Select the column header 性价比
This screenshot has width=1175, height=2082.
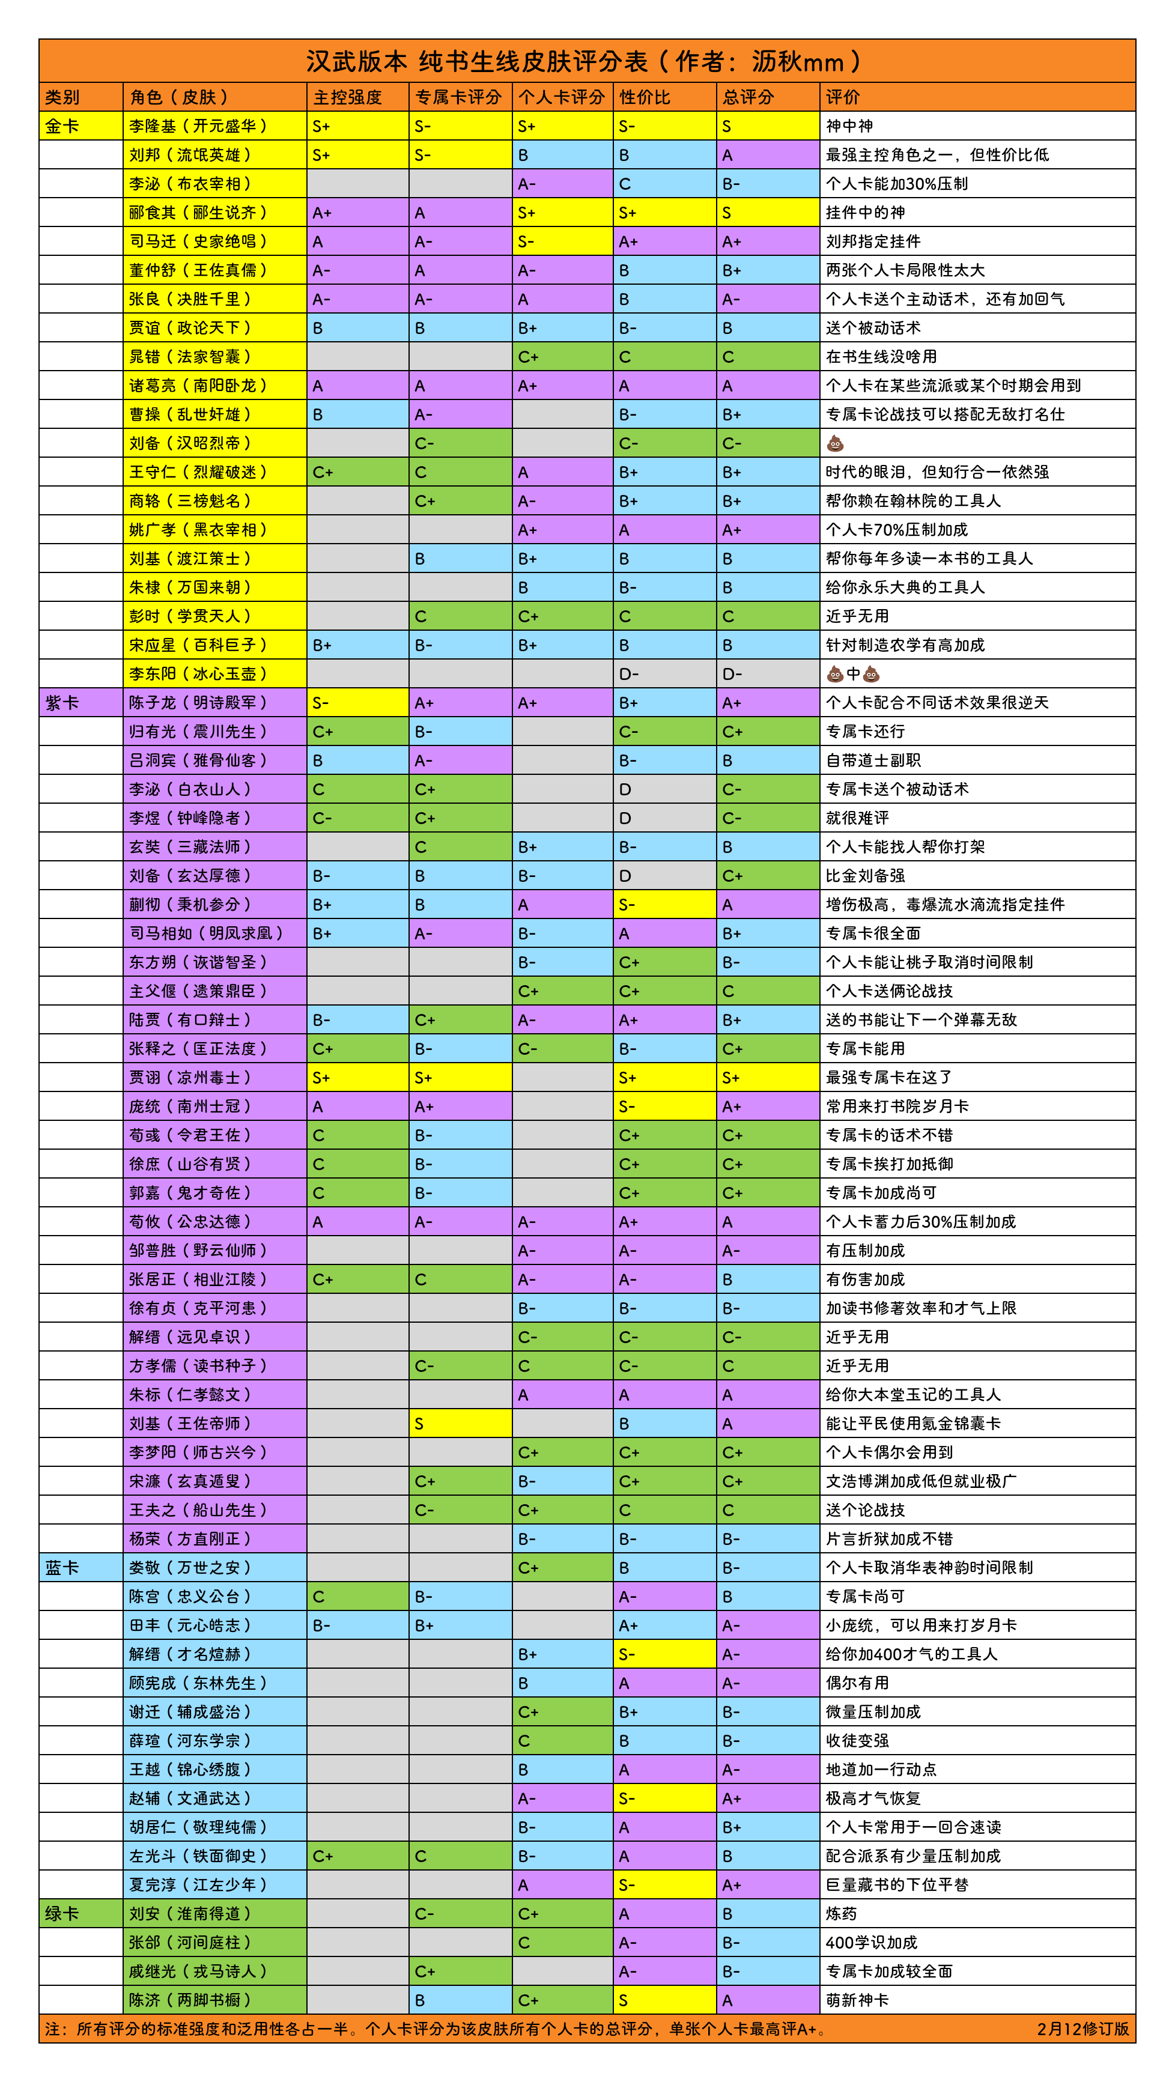coord(645,97)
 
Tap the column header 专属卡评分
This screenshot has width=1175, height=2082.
coord(458,97)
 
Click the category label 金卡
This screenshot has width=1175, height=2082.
coord(63,126)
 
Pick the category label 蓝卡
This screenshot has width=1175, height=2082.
coord(63,1567)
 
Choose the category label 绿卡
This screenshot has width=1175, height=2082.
coord(63,1913)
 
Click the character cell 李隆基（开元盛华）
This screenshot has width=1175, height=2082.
coord(198,126)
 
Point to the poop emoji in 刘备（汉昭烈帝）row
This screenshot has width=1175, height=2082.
coord(835,443)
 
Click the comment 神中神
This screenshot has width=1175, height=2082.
coord(849,126)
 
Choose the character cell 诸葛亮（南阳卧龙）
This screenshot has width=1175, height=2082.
coord(198,386)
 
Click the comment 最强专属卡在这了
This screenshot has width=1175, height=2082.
coord(889,1076)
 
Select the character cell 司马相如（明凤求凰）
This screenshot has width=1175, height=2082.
coord(207,933)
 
